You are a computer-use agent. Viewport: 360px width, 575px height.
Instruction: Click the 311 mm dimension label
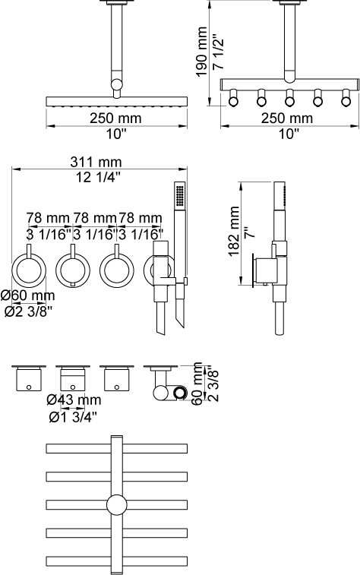(96, 162)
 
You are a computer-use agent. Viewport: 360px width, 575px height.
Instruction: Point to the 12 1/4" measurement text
(98, 177)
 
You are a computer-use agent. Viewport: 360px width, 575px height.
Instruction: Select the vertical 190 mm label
(201, 52)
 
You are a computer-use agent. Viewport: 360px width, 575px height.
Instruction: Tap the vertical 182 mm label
(233, 232)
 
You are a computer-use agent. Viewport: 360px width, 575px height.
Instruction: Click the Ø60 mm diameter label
(27, 295)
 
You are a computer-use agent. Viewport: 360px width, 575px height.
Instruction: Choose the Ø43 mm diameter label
(74, 400)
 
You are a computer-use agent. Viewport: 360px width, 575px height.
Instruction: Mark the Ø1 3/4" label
(73, 416)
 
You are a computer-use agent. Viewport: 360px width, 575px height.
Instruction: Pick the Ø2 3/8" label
(28, 311)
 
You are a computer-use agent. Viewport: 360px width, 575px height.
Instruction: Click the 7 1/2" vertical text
(218, 52)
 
